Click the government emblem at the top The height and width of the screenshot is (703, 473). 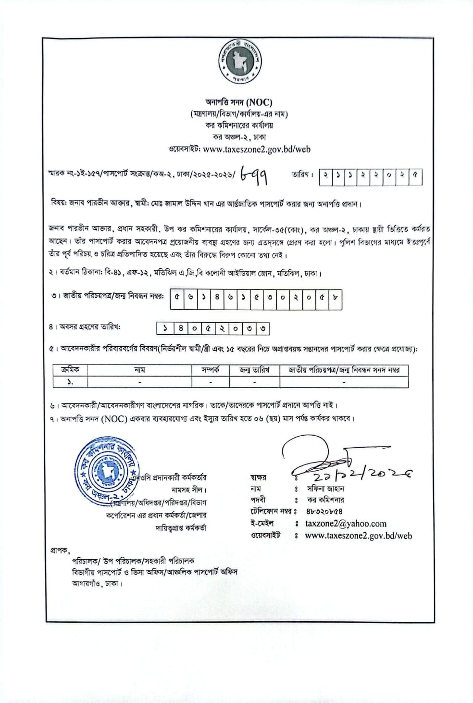[x=239, y=62]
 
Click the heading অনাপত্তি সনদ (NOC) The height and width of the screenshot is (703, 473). [x=238, y=102]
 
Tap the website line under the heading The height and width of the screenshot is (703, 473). [x=239, y=149]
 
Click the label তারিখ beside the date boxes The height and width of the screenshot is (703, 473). [x=302, y=175]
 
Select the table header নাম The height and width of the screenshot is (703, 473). [x=139, y=370]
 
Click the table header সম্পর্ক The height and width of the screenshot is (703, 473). [x=210, y=370]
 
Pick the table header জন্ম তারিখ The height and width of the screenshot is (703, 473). [x=254, y=370]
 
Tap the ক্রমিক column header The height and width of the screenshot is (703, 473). [x=70, y=370]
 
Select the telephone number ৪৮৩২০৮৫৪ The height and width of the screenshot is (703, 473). [x=324, y=512]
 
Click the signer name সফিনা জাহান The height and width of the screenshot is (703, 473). [x=326, y=488]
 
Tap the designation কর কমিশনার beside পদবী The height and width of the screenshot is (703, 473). [x=325, y=500]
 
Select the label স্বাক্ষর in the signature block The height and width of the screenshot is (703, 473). [x=258, y=477]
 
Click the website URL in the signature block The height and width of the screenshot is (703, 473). [x=358, y=536]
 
